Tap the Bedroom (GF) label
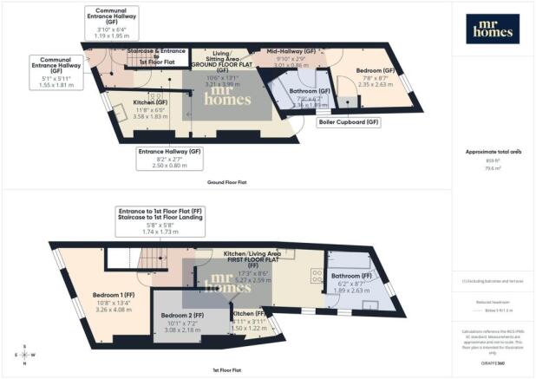coord(377,69)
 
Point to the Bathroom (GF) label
coord(310,90)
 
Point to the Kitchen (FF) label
coord(249,313)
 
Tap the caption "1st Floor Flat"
coord(227,369)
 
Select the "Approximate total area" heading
coord(494,151)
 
